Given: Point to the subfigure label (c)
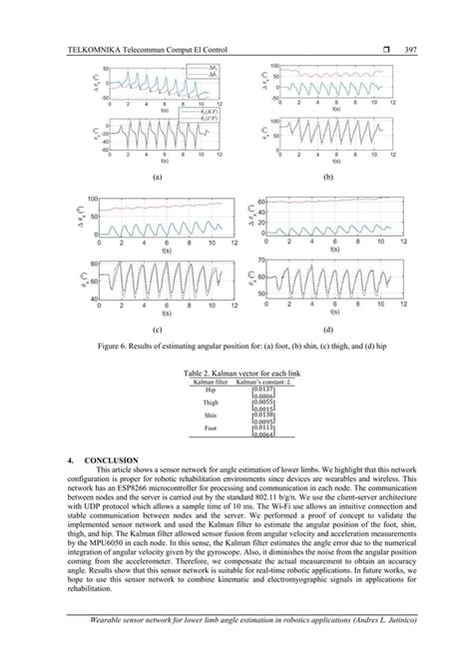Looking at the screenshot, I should click(156, 327).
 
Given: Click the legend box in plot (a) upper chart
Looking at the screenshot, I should click(205, 72).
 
